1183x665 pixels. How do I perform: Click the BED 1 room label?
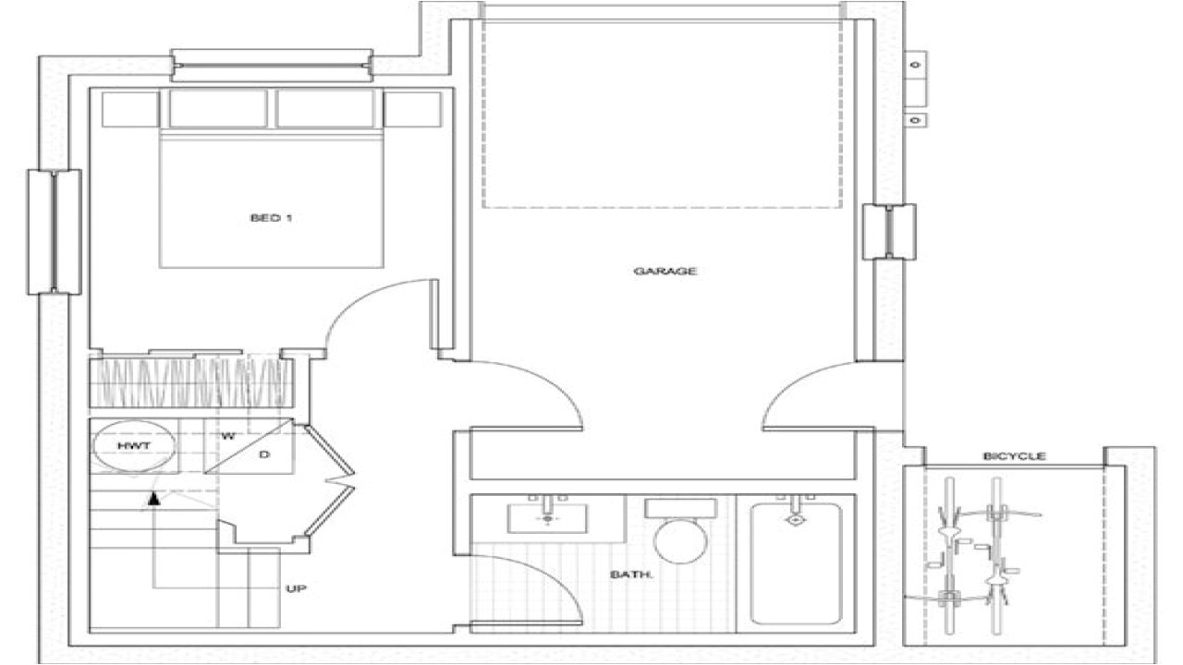[x=264, y=219]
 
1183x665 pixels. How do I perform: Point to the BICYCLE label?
[x=1014, y=456]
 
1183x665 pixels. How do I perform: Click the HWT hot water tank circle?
[x=134, y=446]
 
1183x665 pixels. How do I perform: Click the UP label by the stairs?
[x=297, y=587]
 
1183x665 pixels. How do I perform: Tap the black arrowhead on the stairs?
[x=154, y=500]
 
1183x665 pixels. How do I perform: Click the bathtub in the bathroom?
[x=795, y=563]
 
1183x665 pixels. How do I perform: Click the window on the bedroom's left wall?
[x=55, y=232]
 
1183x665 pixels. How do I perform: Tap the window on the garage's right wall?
[x=888, y=232]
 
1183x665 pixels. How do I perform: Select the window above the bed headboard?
[x=272, y=66]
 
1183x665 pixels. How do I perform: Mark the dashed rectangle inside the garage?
[x=662, y=114]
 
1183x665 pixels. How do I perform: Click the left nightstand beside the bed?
[x=129, y=109]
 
